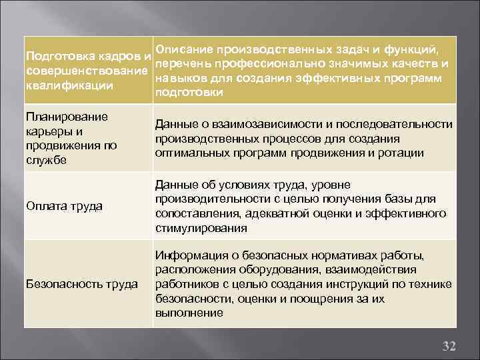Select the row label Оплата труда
coord(64,206)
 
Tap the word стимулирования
coord(201,228)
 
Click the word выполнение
coord(189,313)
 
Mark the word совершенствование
coord(86,71)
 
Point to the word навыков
coord(175,79)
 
